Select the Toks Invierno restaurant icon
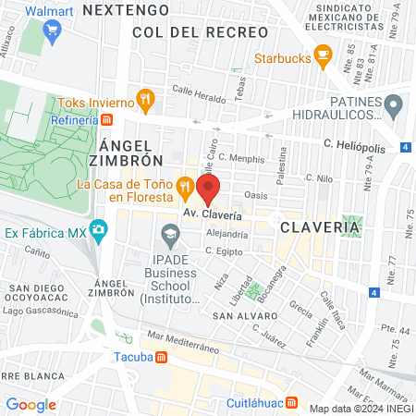point(144,98)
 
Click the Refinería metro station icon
point(107,119)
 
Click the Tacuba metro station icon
point(162,356)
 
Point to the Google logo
point(31,404)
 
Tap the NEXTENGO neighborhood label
point(126,9)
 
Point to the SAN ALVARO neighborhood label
point(240,315)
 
